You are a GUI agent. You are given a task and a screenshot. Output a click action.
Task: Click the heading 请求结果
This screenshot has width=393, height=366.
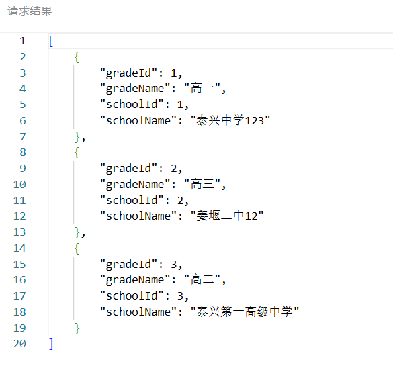pos(30,11)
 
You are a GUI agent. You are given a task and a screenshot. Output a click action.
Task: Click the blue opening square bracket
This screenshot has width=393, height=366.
pos(51,41)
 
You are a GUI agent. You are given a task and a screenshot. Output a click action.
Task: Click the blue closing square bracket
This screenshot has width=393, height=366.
pos(51,344)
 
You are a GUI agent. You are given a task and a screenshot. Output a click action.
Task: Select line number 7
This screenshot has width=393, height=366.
pos(23,137)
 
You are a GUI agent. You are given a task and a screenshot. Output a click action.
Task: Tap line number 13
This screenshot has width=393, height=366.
pos(19,232)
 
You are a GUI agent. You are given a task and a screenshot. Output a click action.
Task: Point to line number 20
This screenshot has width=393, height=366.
pos(19,344)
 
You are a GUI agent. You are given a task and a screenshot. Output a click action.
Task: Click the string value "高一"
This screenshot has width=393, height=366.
pos(202,88)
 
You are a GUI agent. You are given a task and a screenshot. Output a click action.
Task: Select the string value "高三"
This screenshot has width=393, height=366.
pos(202,184)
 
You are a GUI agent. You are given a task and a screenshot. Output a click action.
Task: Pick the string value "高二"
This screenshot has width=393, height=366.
pos(202,279)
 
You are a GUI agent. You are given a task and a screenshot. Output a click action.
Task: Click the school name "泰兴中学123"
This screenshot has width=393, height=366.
pos(230,120)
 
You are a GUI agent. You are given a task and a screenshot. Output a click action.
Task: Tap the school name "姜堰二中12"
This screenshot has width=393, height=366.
pos(227,216)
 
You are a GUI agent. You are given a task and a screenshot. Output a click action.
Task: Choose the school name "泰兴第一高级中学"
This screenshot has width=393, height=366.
pos(245,312)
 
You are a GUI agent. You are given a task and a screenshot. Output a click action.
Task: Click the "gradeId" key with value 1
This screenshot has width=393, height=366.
pos(128,73)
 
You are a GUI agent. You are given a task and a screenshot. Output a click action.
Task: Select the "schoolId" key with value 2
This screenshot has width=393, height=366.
pos(132,200)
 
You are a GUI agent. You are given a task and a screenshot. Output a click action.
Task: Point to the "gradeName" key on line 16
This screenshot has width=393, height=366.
pos(135,279)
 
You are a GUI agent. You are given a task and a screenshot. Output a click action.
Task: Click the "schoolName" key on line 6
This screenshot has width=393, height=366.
pos(138,120)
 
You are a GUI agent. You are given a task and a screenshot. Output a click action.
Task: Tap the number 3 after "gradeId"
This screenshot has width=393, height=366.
pos(174,265)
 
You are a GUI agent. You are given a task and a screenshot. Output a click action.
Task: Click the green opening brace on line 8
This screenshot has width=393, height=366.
pos(77,152)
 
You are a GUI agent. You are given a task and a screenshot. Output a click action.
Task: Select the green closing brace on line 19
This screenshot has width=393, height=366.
pos(77,328)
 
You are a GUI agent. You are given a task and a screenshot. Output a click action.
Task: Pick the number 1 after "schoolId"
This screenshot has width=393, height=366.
pos(180,105)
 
